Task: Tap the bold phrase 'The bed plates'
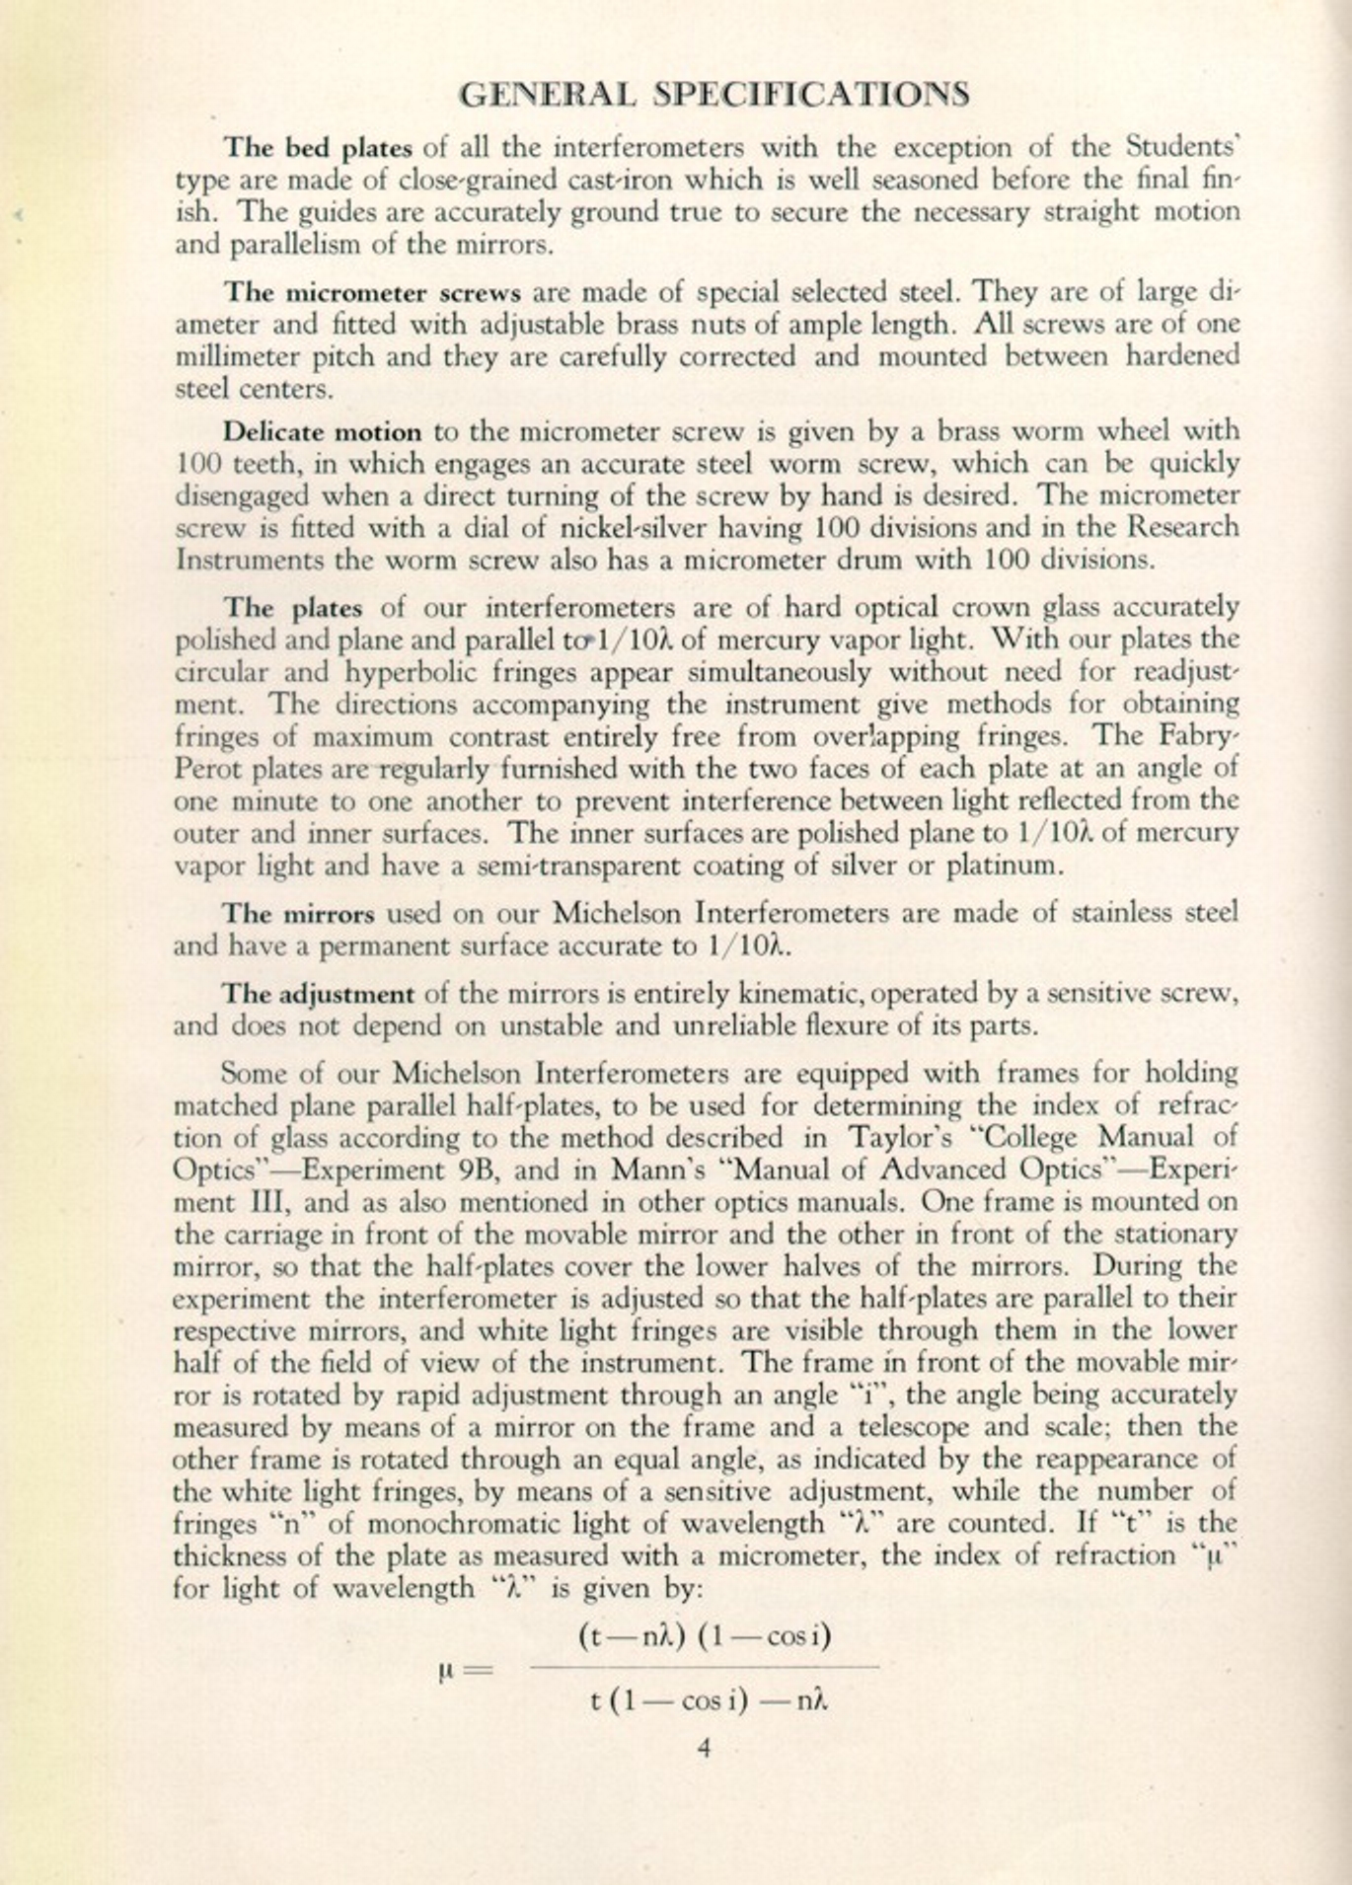coord(318,148)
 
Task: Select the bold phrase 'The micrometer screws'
coord(372,293)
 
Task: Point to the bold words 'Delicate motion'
coord(322,432)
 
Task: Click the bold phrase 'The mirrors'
coord(298,913)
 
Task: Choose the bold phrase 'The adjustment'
coord(318,993)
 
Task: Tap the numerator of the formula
coord(704,1636)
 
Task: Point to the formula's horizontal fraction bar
coord(704,1668)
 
